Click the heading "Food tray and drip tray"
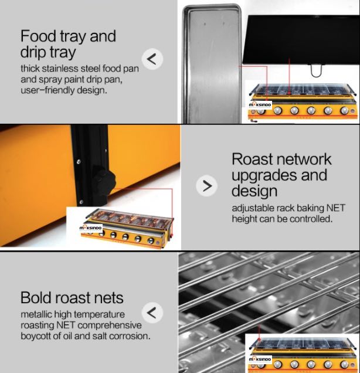(x=68, y=44)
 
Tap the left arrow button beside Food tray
(x=152, y=59)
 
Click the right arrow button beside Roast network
(x=206, y=186)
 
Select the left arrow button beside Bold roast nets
(x=152, y=313)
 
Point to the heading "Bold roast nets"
(x=72, y=297)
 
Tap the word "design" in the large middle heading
(x=254, y=191)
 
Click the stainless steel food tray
(x=212, y=64)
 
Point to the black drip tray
(x=301, y=39)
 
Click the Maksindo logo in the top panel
(x=260, y=105)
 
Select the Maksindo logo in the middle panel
(x=90, y=228)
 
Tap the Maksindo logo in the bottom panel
(x=260, y=359)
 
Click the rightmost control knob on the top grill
(x=344, y=110)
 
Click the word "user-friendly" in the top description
(x=47, y=90)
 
